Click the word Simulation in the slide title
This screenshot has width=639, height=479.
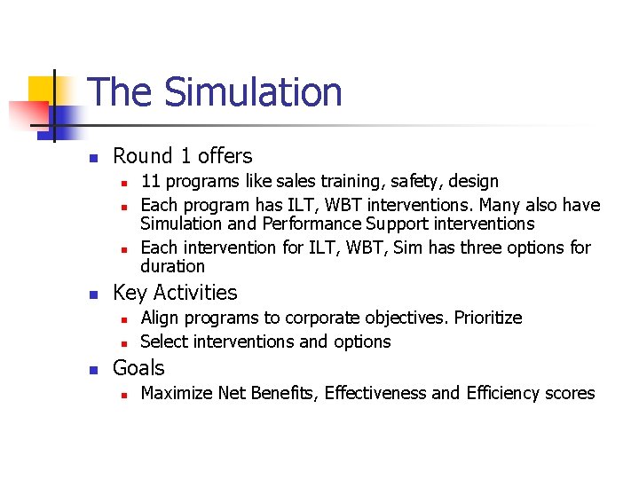pyautogui.click(x=253, y=92)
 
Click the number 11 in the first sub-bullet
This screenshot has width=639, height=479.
pyautogui.click(x=150, y=182)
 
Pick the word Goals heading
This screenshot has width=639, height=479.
pyautogui.click(x=138, y=368)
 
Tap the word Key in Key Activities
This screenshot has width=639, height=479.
pyautogui.click(x=130, y=293)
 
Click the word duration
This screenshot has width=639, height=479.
pyautogui.click(x=172, y=266)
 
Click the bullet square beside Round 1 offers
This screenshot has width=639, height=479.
pyautogui.click(x=92, y=158)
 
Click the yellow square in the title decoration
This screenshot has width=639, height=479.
pyautogui.click(x=42, y=89)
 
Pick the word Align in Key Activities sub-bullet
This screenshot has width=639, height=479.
pyautogui.click(x=161, y=318)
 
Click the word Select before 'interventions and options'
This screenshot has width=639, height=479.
pyautogui.click(x=164, y=342)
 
